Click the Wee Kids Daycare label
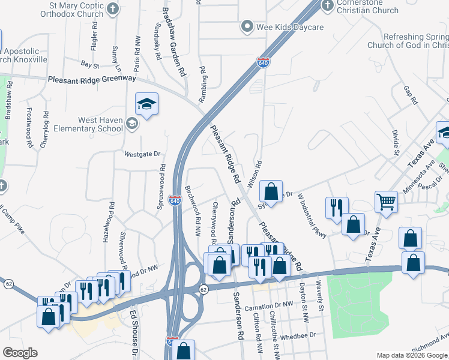tap(291, 28)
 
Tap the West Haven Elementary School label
tap(93, 124)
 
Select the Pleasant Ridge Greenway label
tap(92, 79)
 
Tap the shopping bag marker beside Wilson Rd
tap(271, 192)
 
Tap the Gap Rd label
tap(411, 95)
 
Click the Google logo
tap(19, 353)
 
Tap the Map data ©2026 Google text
tap(412, 355)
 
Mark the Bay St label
tap(89, 64)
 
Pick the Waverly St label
tap(321, 299)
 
